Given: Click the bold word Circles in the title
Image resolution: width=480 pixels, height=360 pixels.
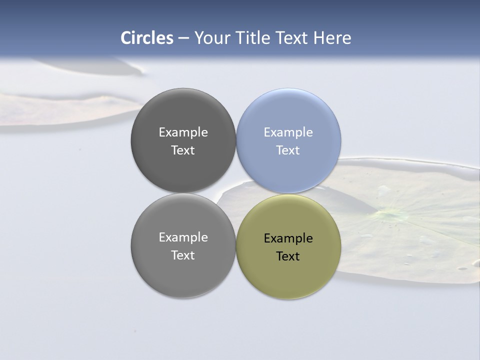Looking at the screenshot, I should click(x=147, y=38).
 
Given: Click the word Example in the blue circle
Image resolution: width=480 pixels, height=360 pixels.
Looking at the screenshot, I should click(x=288, y=132).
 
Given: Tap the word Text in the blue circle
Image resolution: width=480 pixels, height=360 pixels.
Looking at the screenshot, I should click(x=288, y=150).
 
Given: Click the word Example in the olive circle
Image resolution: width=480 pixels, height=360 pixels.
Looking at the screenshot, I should click(x=288, y=238).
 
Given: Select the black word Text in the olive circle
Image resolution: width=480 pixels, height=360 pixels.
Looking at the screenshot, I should click(x=288, y=256).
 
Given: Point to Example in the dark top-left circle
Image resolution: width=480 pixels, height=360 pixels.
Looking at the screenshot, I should click(x=183, y=132).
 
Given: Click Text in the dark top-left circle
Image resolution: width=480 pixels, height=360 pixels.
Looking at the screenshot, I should click(x=183, y=150).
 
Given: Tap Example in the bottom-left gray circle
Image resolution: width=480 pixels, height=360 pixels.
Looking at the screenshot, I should click(x=183, y=237).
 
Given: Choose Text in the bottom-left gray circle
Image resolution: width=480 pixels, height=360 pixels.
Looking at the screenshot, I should click(x=183, y=255).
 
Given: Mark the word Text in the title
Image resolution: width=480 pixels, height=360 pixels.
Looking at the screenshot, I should click(x=292, y=38).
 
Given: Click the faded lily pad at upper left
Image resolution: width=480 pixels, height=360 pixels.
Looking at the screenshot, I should click(x=65, y=107).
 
